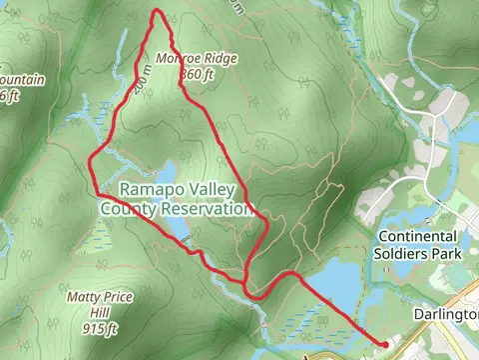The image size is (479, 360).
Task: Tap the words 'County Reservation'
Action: pyautogui.click(x=175, y=209)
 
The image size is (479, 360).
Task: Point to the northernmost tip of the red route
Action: pyautogui.click(x=157, y=10)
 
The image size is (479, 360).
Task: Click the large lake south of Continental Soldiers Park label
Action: pyautogui.click(x=334, y=285)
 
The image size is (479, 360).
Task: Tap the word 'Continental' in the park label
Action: pyautogui.click(x=417, y=237)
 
